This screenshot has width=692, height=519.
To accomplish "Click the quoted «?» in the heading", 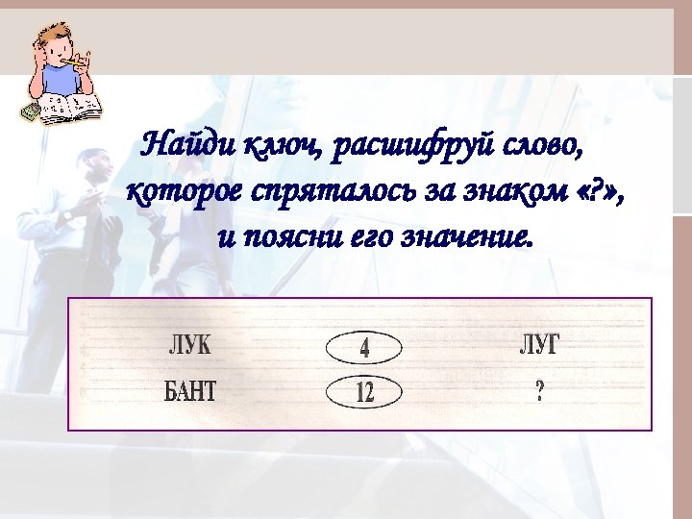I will tap(590, 191).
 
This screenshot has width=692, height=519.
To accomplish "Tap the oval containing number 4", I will tap(364, 347).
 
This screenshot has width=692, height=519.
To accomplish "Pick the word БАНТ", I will tap(190, 391).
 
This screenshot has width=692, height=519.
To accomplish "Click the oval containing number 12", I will tap(364, 392).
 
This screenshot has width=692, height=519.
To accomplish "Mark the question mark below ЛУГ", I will tap(539, 391).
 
